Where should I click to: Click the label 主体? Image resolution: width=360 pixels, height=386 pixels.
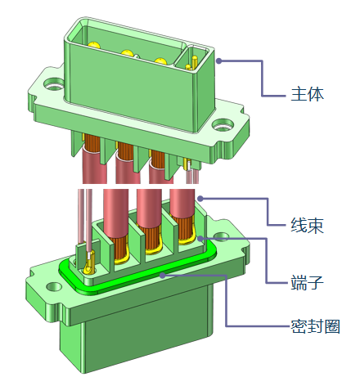coord(308,94)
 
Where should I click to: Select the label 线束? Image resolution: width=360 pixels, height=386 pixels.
coord(308,226)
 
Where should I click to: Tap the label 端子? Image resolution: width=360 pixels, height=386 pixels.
coord(308,282)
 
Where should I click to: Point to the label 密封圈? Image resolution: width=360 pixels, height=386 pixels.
coord(316,326)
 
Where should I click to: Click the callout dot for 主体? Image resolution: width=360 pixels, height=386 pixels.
coord(219,61)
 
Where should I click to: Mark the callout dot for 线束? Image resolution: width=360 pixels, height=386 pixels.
coord(200,199)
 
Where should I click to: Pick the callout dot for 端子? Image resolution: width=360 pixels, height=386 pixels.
coord(200,239)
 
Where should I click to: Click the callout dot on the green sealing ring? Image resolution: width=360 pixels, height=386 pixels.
coord(163,276)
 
